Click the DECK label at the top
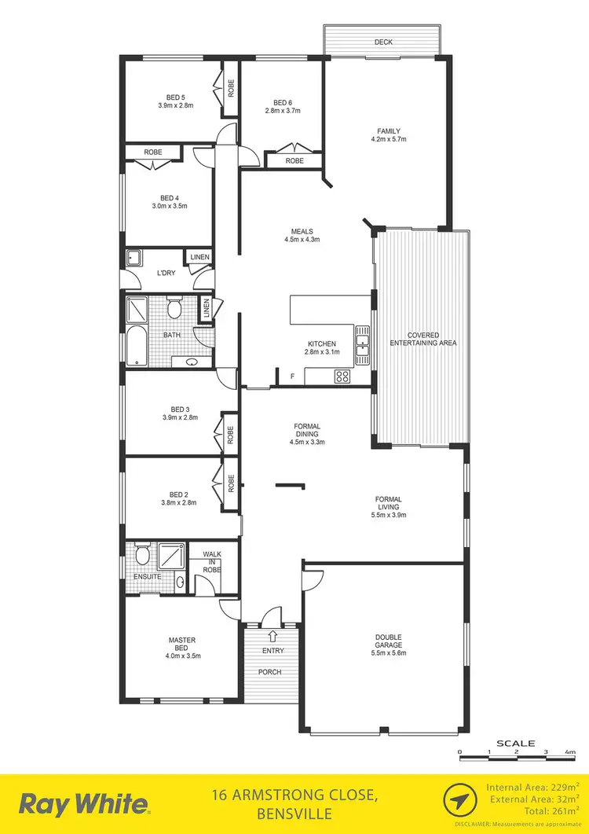(383, 42)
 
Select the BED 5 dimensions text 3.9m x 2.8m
(176, 105)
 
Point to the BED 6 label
(283, 103)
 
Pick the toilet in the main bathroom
(174, 307)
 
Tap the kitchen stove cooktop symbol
(342, 376)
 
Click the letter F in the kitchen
(292, 377)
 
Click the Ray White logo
(83, 804)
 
